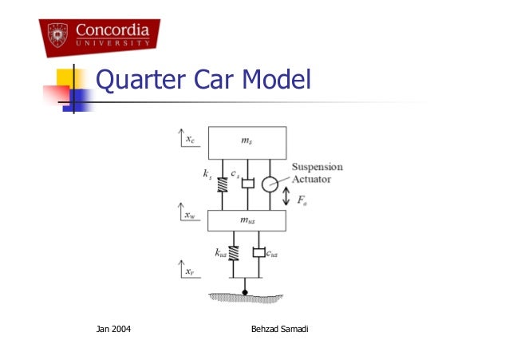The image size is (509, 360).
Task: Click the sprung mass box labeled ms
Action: (x=247, y=142)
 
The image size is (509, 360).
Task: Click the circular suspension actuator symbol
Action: (x=270, y=184)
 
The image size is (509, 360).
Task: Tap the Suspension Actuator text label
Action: (x=317, y=173)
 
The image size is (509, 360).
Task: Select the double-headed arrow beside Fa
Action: (x=286, y=196)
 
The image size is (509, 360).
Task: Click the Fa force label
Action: (x=302, y=204)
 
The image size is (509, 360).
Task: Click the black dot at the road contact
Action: (x=246, y=291)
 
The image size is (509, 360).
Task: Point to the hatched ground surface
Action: (x=246, y=298)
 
